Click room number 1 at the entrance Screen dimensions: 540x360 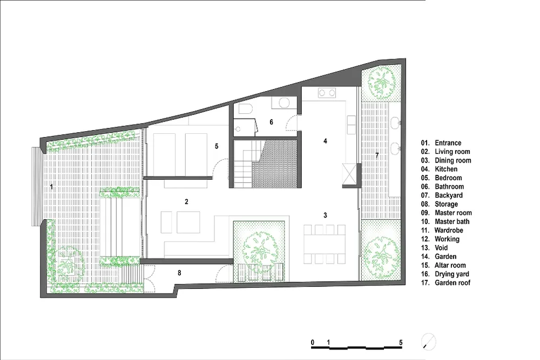tap(52, 187)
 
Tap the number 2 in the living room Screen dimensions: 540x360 tap(186, 202)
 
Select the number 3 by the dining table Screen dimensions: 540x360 tap(325, 215)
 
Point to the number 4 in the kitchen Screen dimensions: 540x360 tap(325, 141)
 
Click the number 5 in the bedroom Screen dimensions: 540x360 tap(217, 146)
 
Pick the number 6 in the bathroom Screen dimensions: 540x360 tap(272, 122)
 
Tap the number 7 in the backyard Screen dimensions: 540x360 tap(377, 155)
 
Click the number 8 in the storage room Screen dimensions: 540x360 tap(179, 273)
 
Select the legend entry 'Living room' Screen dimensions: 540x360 tap(452, 152)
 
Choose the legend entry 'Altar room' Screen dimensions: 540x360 tap(450, 266)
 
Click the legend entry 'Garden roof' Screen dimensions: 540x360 tap(453, 283)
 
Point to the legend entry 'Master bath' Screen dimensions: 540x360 tap(452, 222)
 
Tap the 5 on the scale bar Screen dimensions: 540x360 tap(401, 342)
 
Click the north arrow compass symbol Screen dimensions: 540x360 tap(428, 342)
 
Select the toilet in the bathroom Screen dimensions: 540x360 tap(245, 108)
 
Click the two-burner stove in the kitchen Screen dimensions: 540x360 tap(327, 93)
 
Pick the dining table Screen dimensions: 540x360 tap(325, 244)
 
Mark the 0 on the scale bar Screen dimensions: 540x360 tap(313, 342)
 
